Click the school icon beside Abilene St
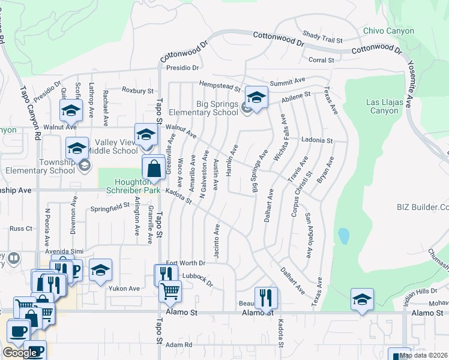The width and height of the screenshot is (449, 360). click(256, 99)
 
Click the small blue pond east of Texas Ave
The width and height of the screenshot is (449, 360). click(343, 236)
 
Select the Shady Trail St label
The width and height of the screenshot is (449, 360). click(322, 38)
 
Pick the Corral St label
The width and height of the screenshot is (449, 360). click(321, 60)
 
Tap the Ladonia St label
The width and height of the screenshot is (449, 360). click(317, 140)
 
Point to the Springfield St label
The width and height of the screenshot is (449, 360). click(110, 208)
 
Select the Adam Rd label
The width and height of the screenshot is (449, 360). click(178, 345)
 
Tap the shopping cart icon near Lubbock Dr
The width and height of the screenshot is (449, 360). click(170, 292)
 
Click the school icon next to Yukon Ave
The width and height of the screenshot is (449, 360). click(100, 271)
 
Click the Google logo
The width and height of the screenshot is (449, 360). click(20, 353)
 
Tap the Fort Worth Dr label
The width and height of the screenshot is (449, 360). click(185, 263)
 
